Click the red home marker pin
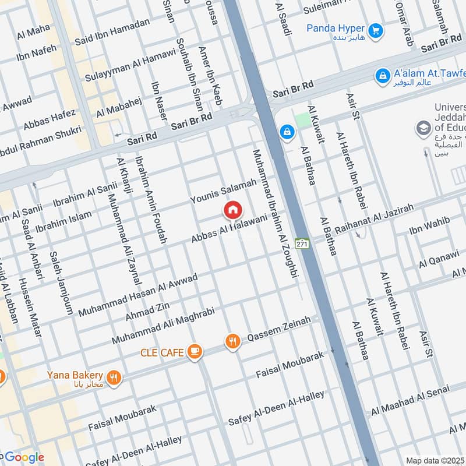pyautogui.click(x=233, y=210)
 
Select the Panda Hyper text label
pyautogui.click(x=336, y=29)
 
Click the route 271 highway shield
pyautogui.click(x=301, y=242)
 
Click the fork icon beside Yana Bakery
pyautogui.click(x=114, y=377)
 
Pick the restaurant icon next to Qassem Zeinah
pyautogui.click(x=232, y=342)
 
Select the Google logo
pyautogui.click(x=23, y=457)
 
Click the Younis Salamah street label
pyautogui.click(x=223, y=191)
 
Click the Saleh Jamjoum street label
pyautogui.click(x=61, y=283)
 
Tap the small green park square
pyautogui.click(x=302, y=120)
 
